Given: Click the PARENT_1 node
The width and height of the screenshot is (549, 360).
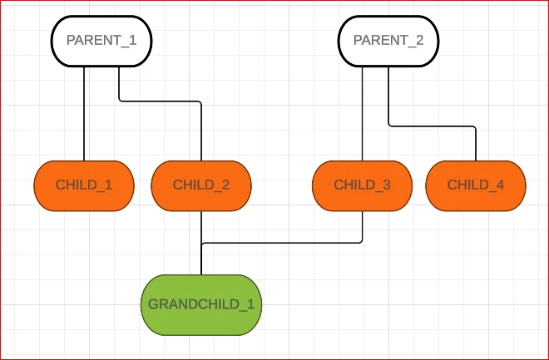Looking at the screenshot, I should pyautogui.click(x=101, y=41).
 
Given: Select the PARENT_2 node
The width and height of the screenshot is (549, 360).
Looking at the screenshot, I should pyautogui.click(x=388, y=41).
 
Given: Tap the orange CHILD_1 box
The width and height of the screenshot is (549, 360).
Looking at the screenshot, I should pyautogui.click(x=84, y=185).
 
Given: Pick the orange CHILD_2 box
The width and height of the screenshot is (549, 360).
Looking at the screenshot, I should pyautogui.click(x=201, y=185).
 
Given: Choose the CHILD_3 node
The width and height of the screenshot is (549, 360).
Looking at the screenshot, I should pyautogui.click(x=362, y=185).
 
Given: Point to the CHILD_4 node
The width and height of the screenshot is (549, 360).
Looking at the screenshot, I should pyautogui.click(x=476, y=185).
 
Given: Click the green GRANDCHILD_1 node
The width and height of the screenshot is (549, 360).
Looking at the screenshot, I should pyautogui.click(x=201, y=304).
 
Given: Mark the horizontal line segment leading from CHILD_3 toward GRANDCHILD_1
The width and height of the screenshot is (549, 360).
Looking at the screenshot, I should pyautogui.click(x=283, y=243).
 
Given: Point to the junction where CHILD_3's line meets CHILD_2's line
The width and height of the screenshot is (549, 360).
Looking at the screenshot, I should pyautogui.click(x=201, y=243).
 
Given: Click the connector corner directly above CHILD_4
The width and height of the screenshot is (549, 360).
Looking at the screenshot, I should pyautogui.click(x=475, y=127).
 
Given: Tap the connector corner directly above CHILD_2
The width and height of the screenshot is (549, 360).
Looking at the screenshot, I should pyautogui.click(x=201, y=102).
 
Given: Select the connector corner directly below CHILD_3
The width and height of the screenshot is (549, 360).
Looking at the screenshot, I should pyautogui.click(x=362, y=242).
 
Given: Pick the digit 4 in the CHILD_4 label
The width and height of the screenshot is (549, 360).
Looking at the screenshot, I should pyautogui.click(x=499, y=185).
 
